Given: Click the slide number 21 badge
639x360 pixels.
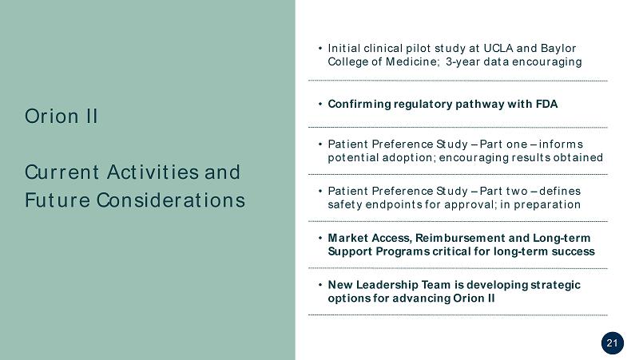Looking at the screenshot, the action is point(612,343).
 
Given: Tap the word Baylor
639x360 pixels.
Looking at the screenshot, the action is point(558,49).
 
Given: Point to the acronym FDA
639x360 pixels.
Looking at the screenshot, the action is point(546,105).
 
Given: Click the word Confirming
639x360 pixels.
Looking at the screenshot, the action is point(359,105).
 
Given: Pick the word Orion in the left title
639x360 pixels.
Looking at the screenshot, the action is point(52,117).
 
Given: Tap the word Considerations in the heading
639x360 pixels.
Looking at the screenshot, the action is point(171,200).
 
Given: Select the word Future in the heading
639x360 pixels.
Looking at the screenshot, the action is point(57,200).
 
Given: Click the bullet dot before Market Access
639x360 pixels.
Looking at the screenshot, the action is point(320,237).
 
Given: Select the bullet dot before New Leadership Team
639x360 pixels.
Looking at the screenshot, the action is point(320,284).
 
